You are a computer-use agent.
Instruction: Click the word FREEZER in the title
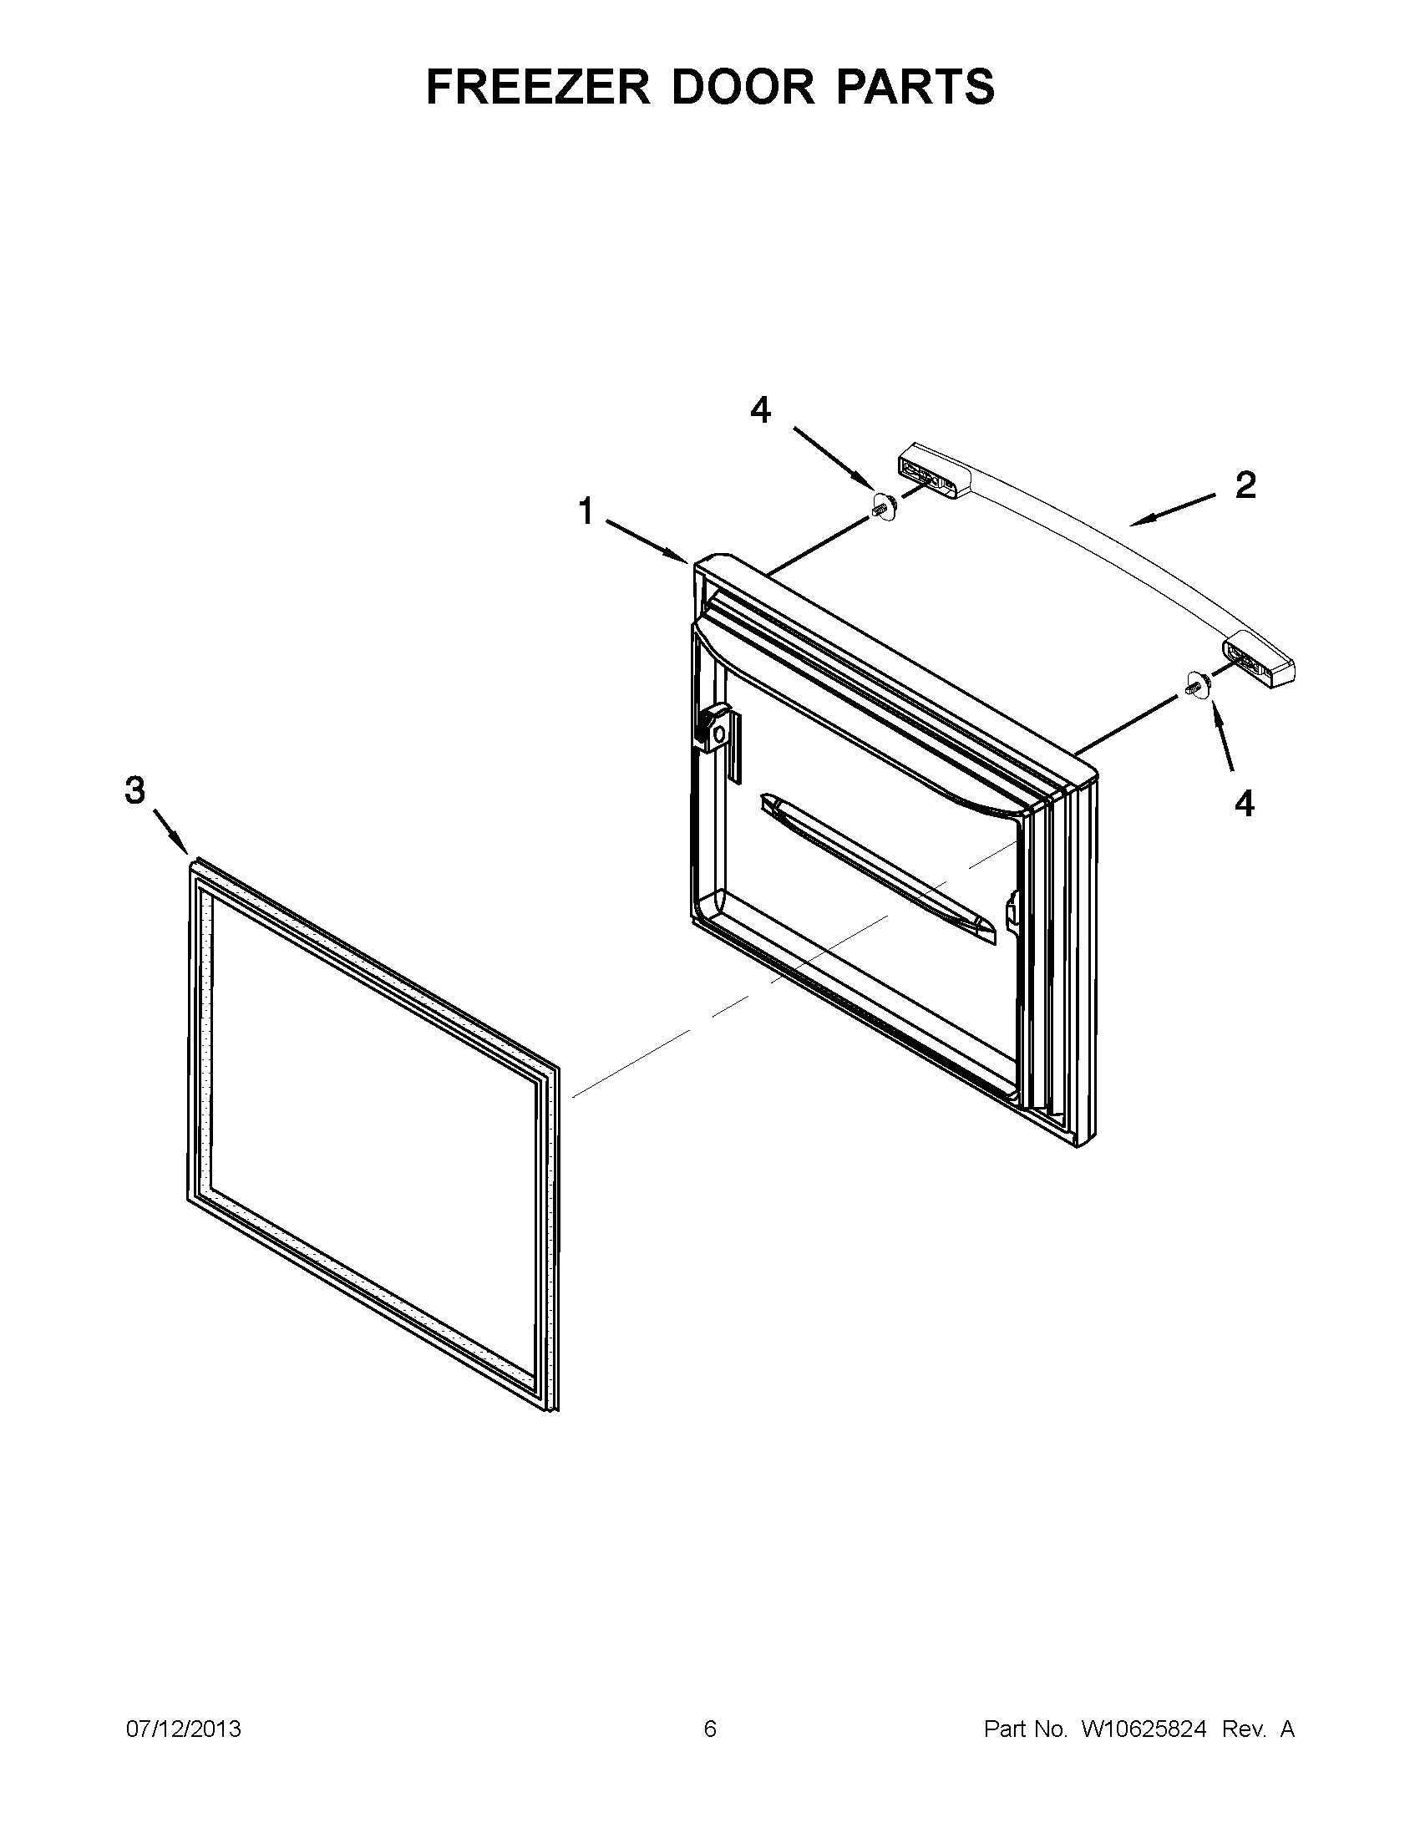pos(539,86)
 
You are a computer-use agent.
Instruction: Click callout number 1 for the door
pos(586,510)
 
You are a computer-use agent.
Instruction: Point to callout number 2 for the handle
pos(1245,485)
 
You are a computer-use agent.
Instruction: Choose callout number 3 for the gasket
pos(134,790)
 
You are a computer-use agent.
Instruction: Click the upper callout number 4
pos(760,410)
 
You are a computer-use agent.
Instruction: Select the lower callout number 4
pos(1245,804)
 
